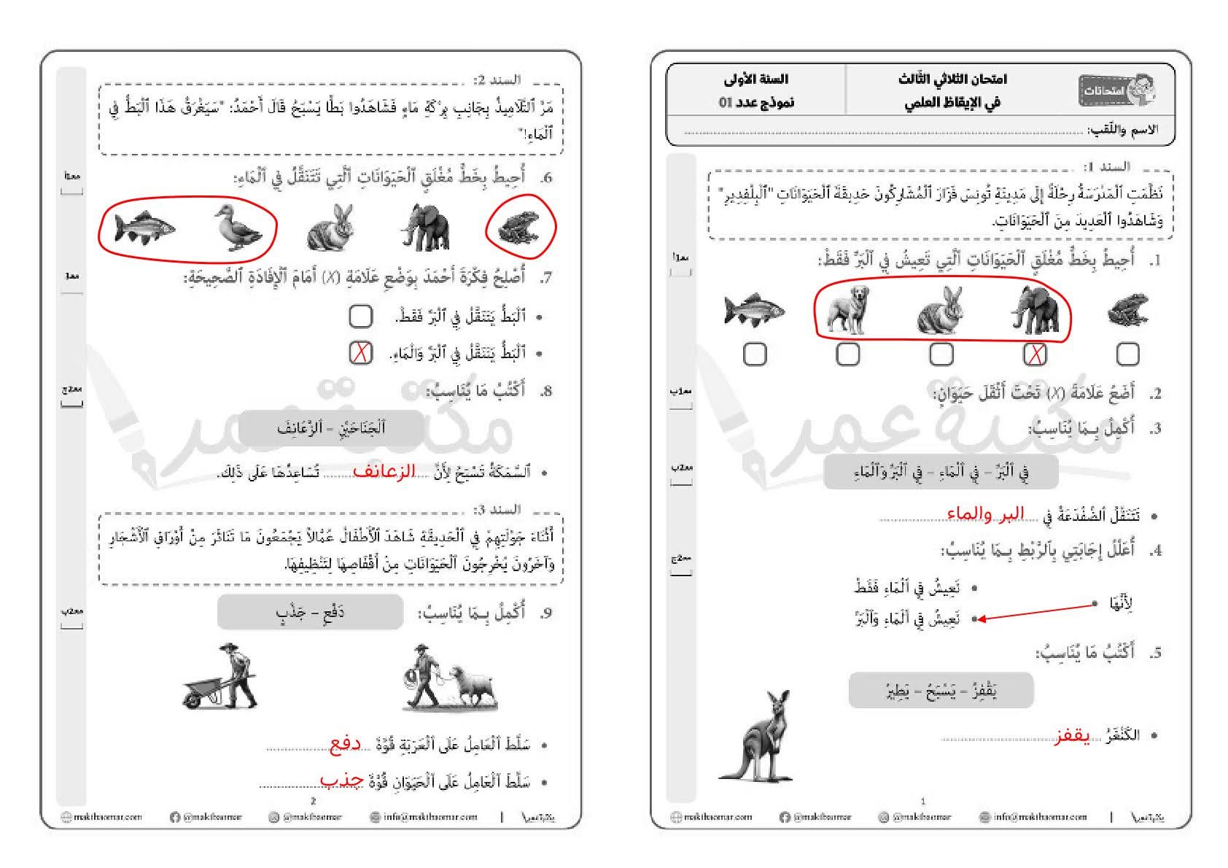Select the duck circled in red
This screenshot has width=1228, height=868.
(x=237, y=228)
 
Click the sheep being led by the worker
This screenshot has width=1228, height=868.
(x=473, y=686)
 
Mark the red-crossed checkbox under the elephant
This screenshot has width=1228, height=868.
(x=1035, y=354)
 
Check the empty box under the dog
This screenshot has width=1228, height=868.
(x=847, y=354)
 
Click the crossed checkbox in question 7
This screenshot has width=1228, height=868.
(x=360, y=353)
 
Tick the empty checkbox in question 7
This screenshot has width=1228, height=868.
(x=360, y=317)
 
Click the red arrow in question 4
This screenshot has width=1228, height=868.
(x=1035, y=611)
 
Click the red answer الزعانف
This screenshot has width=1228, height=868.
(x=384, y=472)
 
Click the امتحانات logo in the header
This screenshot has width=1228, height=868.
(x=1116, y=90)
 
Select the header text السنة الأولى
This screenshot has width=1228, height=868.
(x=756, y=79)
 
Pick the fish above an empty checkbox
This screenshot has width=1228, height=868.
(x=754, y=311)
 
